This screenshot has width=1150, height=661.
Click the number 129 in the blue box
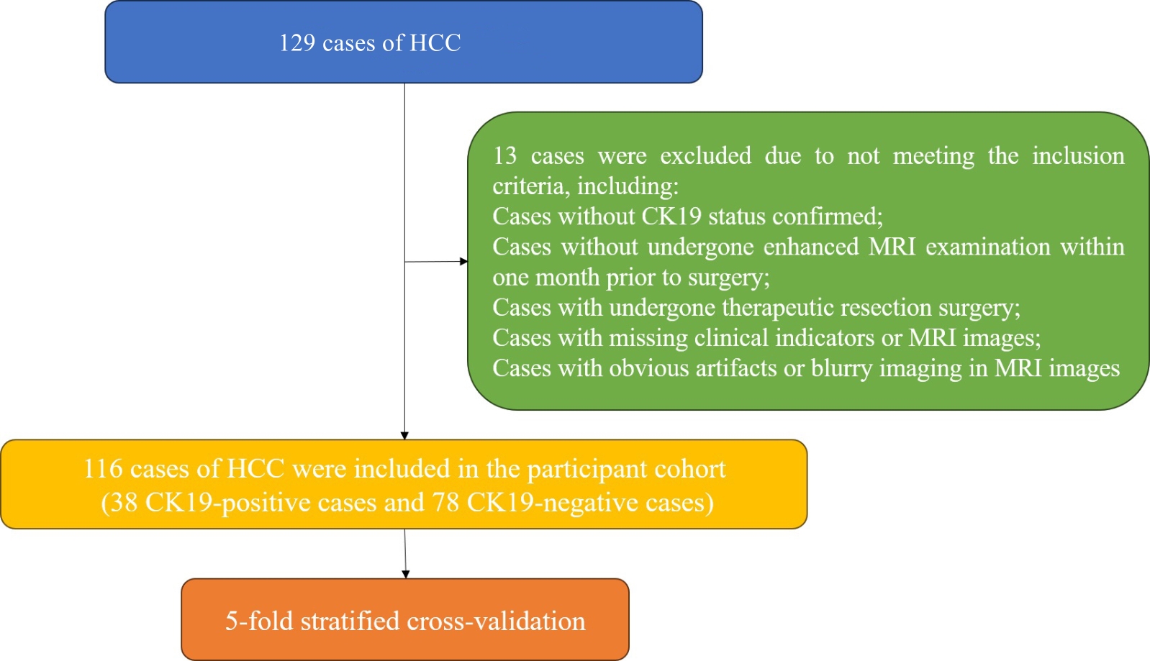pos(296,42)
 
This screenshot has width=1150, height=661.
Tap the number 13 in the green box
pos(504,155)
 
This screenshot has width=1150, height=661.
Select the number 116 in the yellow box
pos(103,468)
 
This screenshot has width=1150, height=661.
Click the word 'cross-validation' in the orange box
pos(496,621)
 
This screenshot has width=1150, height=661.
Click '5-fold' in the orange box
pos(259,621)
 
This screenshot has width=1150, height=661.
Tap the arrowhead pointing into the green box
pos(464,261)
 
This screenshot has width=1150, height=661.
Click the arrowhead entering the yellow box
pos(404,436)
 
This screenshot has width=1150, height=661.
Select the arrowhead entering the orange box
pos(406,574)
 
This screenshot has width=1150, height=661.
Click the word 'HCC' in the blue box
pos(435,42)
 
